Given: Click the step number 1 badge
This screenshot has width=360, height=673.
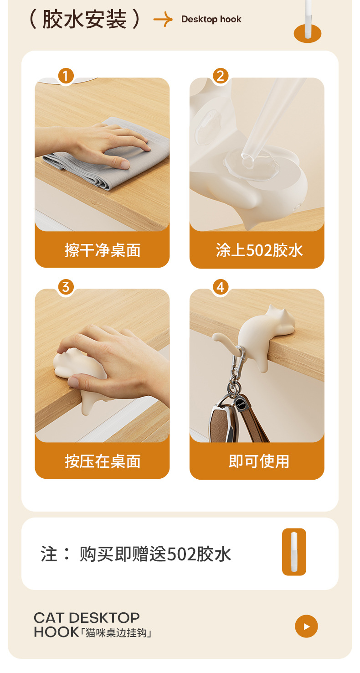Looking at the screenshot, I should [66, 76].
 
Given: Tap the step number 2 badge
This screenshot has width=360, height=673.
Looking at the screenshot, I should [221, 76].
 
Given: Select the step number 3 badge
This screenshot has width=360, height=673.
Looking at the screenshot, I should [66, 287].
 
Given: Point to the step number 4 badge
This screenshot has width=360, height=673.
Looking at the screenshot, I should [221, 287].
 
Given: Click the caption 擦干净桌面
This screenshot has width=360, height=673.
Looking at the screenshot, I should [102, 250].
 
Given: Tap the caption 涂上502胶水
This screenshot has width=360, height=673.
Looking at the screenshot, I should [259, 250].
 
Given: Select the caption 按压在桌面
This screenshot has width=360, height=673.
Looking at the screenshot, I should [102, 461].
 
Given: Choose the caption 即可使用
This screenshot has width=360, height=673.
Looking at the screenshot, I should [259, 461].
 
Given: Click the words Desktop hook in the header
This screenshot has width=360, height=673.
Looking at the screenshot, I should [211, 19].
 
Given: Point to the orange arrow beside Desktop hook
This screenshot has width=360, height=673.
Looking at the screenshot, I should [163, 20].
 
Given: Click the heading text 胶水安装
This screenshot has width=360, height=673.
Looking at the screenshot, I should [84, 19].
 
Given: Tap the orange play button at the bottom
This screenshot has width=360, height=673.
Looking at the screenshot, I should [306, 626].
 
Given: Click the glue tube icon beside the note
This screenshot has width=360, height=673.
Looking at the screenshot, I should [294, 552].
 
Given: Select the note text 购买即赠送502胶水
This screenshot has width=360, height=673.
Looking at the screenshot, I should [155, 554].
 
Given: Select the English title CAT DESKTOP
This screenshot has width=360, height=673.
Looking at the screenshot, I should [87, 618].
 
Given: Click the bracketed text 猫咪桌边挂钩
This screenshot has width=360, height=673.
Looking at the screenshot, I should [117, 633].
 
